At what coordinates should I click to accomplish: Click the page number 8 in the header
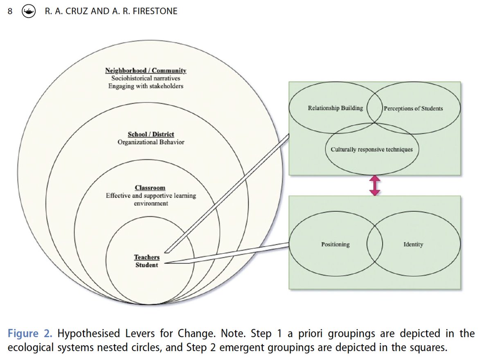click(x=10, y=11)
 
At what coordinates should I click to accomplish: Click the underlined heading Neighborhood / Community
click(x=146, y=71)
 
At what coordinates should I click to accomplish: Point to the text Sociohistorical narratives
click(x=146, y=78)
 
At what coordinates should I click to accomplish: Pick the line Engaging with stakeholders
click(x=146, y=86)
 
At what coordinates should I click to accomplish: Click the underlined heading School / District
click(x=151, y=134)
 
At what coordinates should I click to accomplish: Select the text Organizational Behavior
click(x=151, y=142)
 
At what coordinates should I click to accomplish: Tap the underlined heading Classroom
click(x=150, y=188)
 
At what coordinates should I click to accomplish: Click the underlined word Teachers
click(x=146, y=257)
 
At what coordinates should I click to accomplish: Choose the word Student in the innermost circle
click(x=146, y=265)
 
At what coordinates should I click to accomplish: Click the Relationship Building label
click(x=336, y=108)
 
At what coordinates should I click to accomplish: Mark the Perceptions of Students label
click(x=413, y=108)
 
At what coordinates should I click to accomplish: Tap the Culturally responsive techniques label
click(x=372, y=149)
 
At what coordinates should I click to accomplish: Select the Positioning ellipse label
click(x=336, y=244)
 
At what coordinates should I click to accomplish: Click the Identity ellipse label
click(x=413, y=244)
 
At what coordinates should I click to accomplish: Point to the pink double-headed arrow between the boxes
click(x=375, y=185)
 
